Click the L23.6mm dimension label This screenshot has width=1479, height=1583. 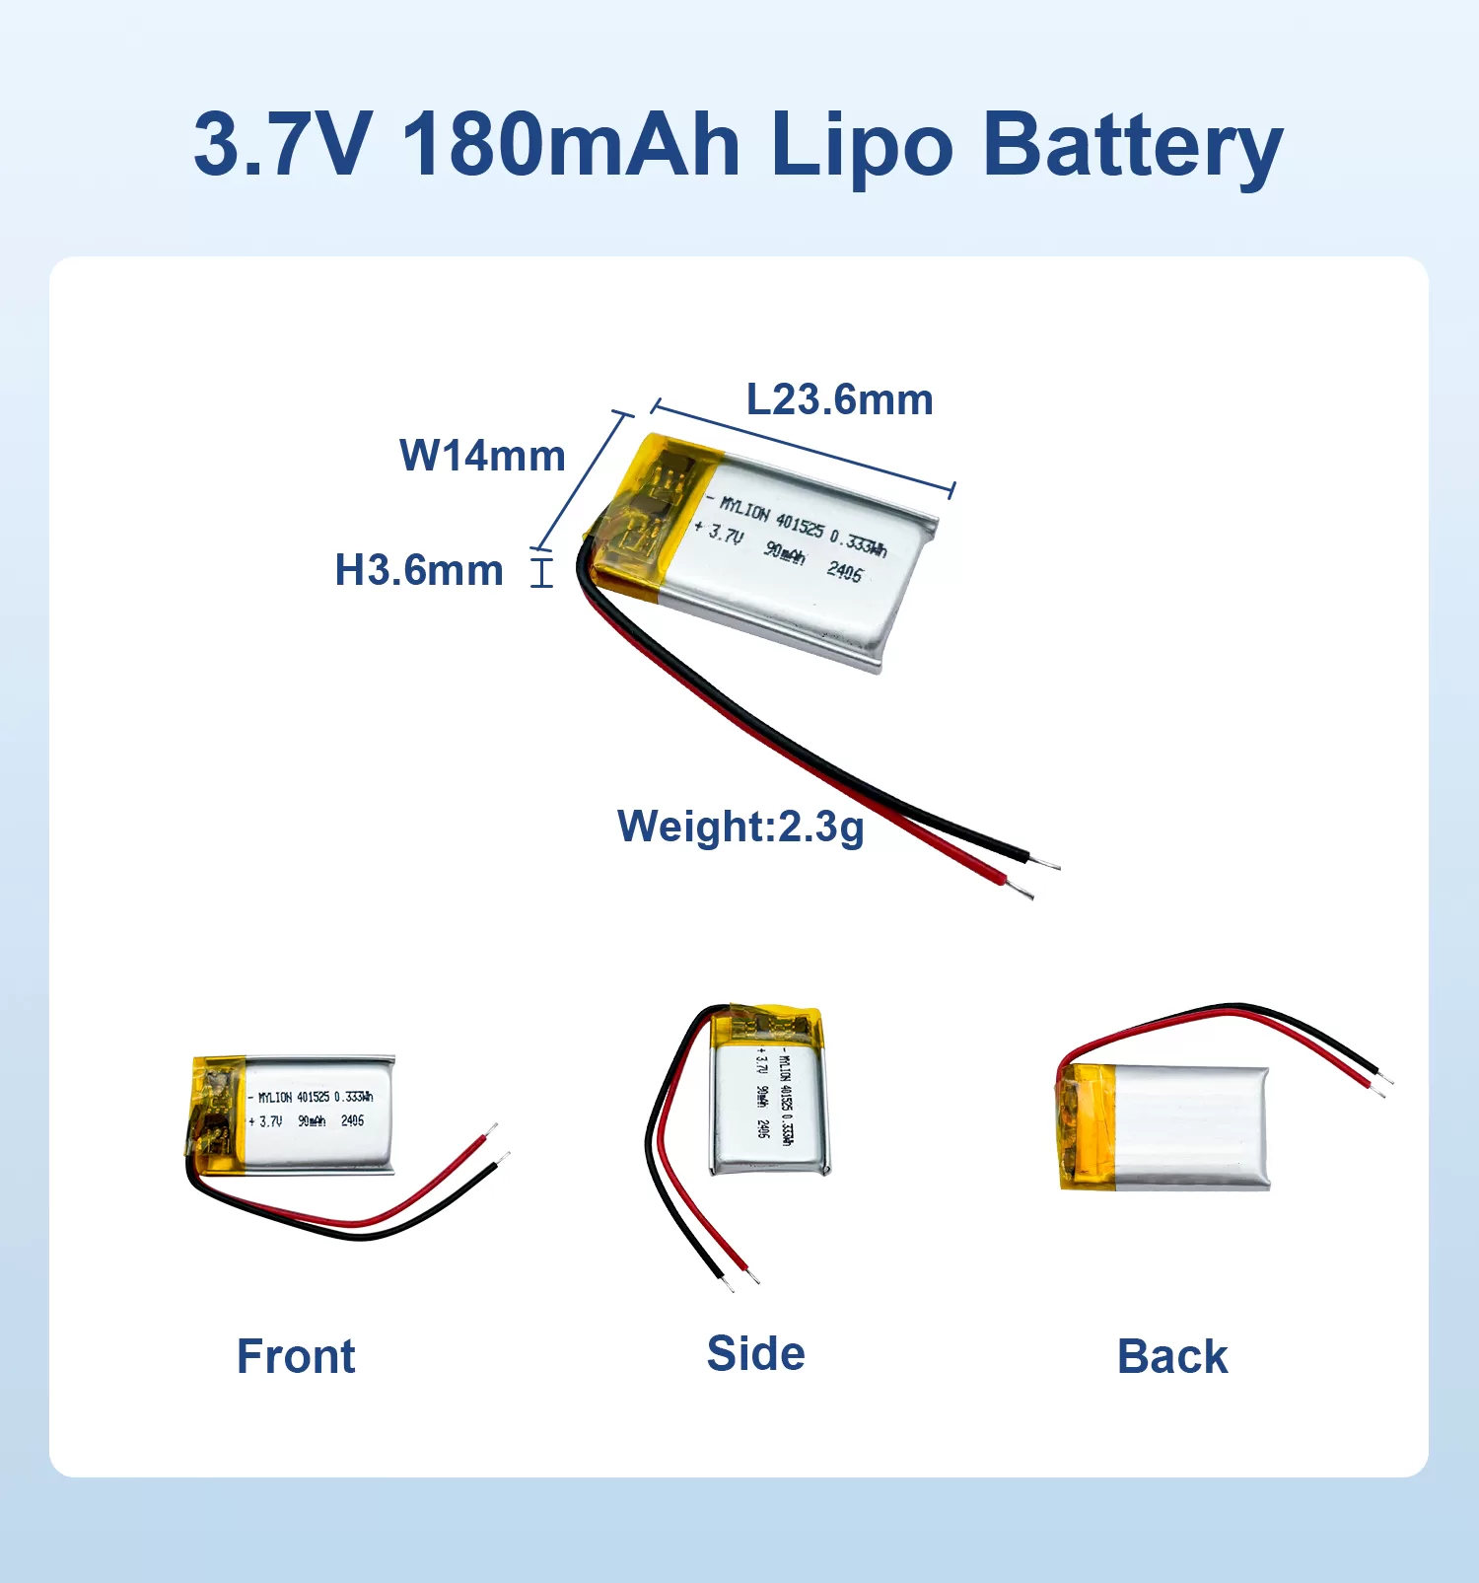coord(839,399)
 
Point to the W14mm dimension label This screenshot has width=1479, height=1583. coord(482,456)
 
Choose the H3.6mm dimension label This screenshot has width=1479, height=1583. coord(419,570)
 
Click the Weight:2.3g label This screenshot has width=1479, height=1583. coord(740,827)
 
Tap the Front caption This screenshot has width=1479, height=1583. coord(296,1356)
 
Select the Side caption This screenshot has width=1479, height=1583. coord(755,1353)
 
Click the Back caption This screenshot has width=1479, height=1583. coord(1172,1356)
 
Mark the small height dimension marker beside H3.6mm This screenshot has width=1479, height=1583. coord(541,572)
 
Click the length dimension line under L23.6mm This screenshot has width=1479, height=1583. coord(804,448)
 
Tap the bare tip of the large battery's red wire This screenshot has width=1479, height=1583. coord(1021,889)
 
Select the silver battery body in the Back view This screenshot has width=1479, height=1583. coord(1193,1127)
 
